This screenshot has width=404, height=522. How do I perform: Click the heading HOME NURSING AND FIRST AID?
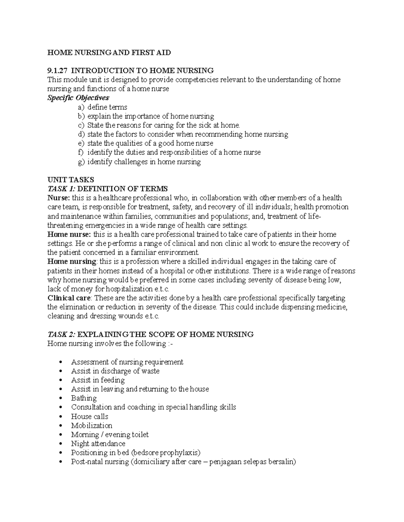109,52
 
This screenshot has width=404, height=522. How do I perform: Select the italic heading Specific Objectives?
78,98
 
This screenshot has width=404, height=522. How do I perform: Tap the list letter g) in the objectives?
81,162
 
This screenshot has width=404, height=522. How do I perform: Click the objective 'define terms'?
107,107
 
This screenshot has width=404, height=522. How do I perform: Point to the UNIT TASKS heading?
71,179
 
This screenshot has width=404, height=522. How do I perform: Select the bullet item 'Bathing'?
84,398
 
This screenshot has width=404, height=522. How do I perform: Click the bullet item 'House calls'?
90,416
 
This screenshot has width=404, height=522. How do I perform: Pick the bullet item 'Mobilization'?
92,425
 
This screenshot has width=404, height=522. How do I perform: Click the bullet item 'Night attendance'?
98,443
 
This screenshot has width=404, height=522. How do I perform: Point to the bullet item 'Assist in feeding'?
98,380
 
